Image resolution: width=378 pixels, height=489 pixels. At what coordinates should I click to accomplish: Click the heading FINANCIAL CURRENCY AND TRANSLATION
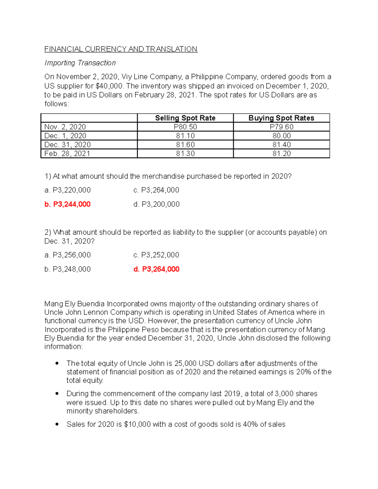click(x=121, y=49)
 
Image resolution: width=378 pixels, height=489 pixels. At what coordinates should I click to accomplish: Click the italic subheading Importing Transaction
click(x=80, y=63)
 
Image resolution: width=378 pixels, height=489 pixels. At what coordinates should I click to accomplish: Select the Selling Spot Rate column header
click(x=185, y=118)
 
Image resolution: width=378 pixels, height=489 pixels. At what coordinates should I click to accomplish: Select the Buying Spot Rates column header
click(x=281, y=118)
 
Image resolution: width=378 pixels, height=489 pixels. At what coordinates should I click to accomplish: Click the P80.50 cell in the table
click(x=185, y=127)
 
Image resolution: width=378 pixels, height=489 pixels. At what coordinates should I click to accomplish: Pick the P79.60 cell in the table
click(x=281, y=127)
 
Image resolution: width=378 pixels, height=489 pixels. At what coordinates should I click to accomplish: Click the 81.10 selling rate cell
click(x=185, y=136)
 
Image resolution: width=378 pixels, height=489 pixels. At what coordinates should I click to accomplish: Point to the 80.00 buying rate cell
click(x=281, y=136)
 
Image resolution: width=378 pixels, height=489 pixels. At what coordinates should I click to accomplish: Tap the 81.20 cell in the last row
click(x=281, y=154)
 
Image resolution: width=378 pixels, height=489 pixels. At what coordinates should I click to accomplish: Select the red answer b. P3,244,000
click(x=67, y=204)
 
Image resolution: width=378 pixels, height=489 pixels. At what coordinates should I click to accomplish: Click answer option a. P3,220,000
click(x=67, y=190)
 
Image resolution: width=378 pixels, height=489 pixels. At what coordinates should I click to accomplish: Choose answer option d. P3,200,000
click(x=156, y=204)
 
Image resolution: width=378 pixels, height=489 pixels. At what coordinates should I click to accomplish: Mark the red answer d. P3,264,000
click(x=156, y=269)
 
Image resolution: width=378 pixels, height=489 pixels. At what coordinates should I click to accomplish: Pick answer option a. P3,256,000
click(x=67, y=255)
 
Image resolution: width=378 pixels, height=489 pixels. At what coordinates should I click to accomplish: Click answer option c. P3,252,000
click(x=156, y=255)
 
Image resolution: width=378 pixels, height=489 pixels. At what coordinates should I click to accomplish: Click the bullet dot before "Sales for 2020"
click(x=57, y=424)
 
